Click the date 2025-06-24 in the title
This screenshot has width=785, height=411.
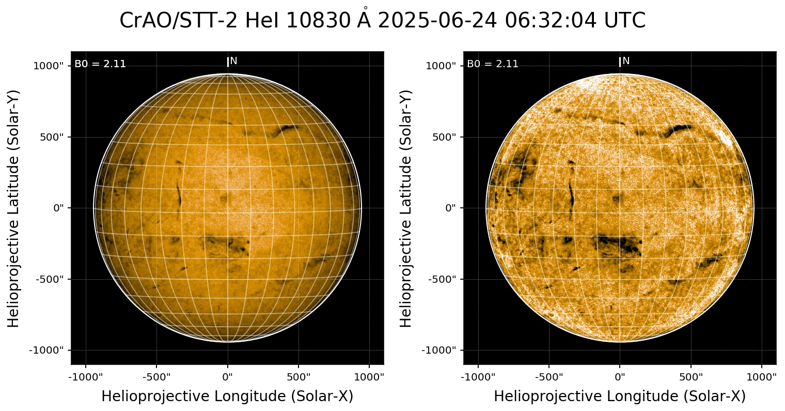tap(438, 21)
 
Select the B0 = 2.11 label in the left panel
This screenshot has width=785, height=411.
tap(100, 64)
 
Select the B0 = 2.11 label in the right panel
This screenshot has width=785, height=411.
tap(493, 64)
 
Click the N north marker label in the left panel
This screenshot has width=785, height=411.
tap(233, 61)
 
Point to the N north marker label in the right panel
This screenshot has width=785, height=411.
tap(626, 61)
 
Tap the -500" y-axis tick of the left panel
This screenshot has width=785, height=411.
tap(50, 279)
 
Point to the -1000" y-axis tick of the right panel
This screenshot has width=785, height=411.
tap(441, 350)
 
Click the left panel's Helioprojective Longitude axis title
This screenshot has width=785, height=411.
tap(227, 397)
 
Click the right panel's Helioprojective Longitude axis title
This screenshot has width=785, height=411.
tap(620, 397)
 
